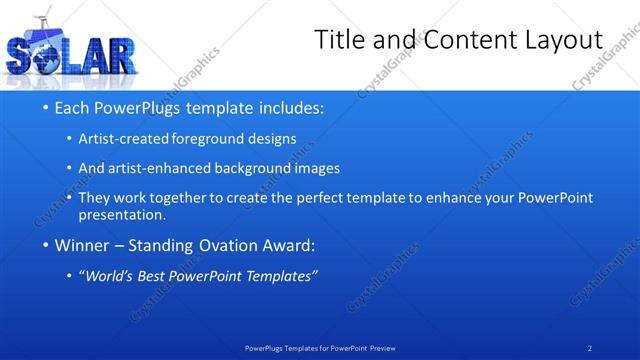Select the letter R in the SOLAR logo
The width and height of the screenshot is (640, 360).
(x=117, y=57)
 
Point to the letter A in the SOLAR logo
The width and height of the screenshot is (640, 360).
(x=91, y=58)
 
